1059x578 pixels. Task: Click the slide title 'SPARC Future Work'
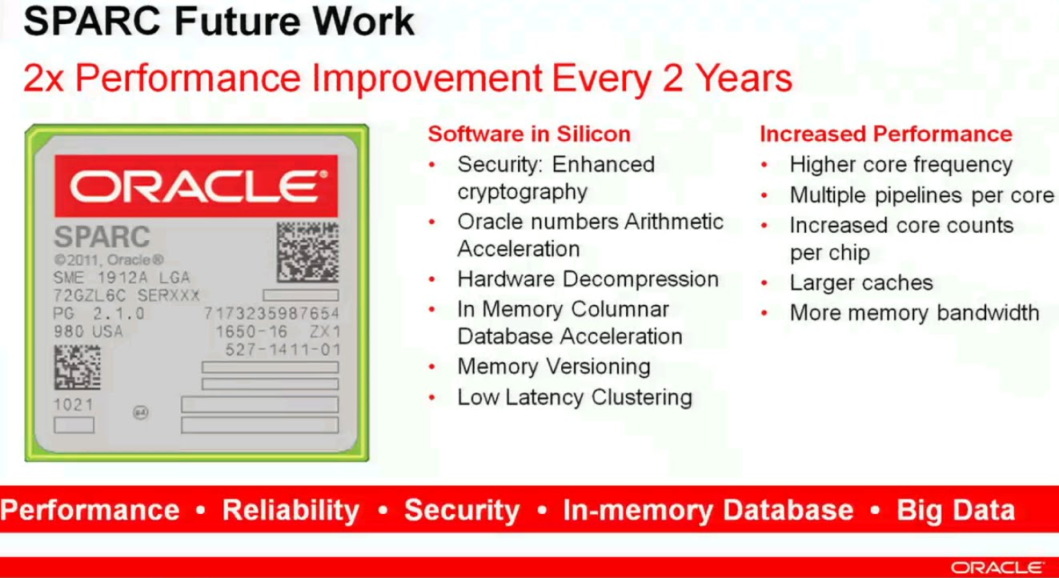click(x=219, y=22)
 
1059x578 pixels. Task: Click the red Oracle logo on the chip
click(x=196, y=186)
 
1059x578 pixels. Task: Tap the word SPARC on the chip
click(x=102, y=236)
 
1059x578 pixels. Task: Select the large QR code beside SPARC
click(x=307, y=252)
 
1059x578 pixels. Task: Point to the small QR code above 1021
click(x=77, y=367)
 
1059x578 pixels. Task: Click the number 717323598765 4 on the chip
click(x=271, y=313)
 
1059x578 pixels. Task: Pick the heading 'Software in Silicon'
click(x=530, y=134)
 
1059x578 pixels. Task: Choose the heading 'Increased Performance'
click(x=886, y=134)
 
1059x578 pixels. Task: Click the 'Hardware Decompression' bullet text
click(x=588, y=279)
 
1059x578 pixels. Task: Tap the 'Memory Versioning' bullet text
click(x=554, y=367)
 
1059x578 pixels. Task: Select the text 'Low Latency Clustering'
click(x=575, y=397)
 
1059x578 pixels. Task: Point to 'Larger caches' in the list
click(x=861, y=283)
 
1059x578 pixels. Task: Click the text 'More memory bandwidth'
click(x=915, y=313)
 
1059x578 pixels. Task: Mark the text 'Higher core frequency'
click(x=901, y=165)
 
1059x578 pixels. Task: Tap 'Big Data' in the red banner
click(x=956, y=511)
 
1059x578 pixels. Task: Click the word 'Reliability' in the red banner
click(x=291, y=511)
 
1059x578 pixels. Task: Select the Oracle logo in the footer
click(x=997, y=568)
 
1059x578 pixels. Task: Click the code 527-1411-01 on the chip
click(x=283, y=350)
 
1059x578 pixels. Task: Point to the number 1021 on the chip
click(x=74, y=405)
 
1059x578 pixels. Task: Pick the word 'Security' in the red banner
click(x=462, y=511)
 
